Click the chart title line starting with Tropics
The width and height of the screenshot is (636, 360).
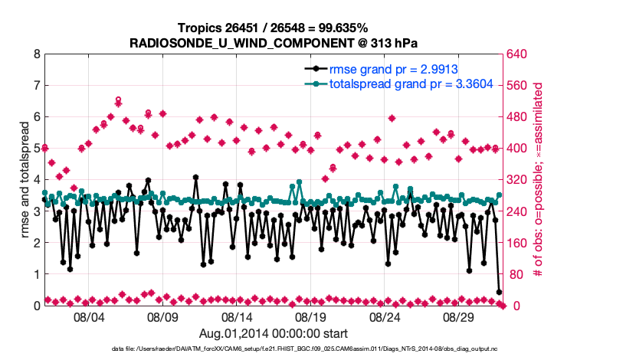click(x=274, y=28)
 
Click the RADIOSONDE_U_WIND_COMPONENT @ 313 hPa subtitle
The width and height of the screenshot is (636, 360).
click(x=274, y=42)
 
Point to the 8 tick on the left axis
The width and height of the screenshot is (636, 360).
click(x=37, y=54)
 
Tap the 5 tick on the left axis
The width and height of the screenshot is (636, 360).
click(x=37, y=149)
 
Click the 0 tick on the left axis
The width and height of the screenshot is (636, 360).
click(x=37, y=306)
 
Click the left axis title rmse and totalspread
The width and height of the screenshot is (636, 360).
click(x=24, y=180)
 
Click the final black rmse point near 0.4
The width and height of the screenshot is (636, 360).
click(x=499, y=292)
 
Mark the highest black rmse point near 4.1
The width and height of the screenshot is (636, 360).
click(x=195, y=177)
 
